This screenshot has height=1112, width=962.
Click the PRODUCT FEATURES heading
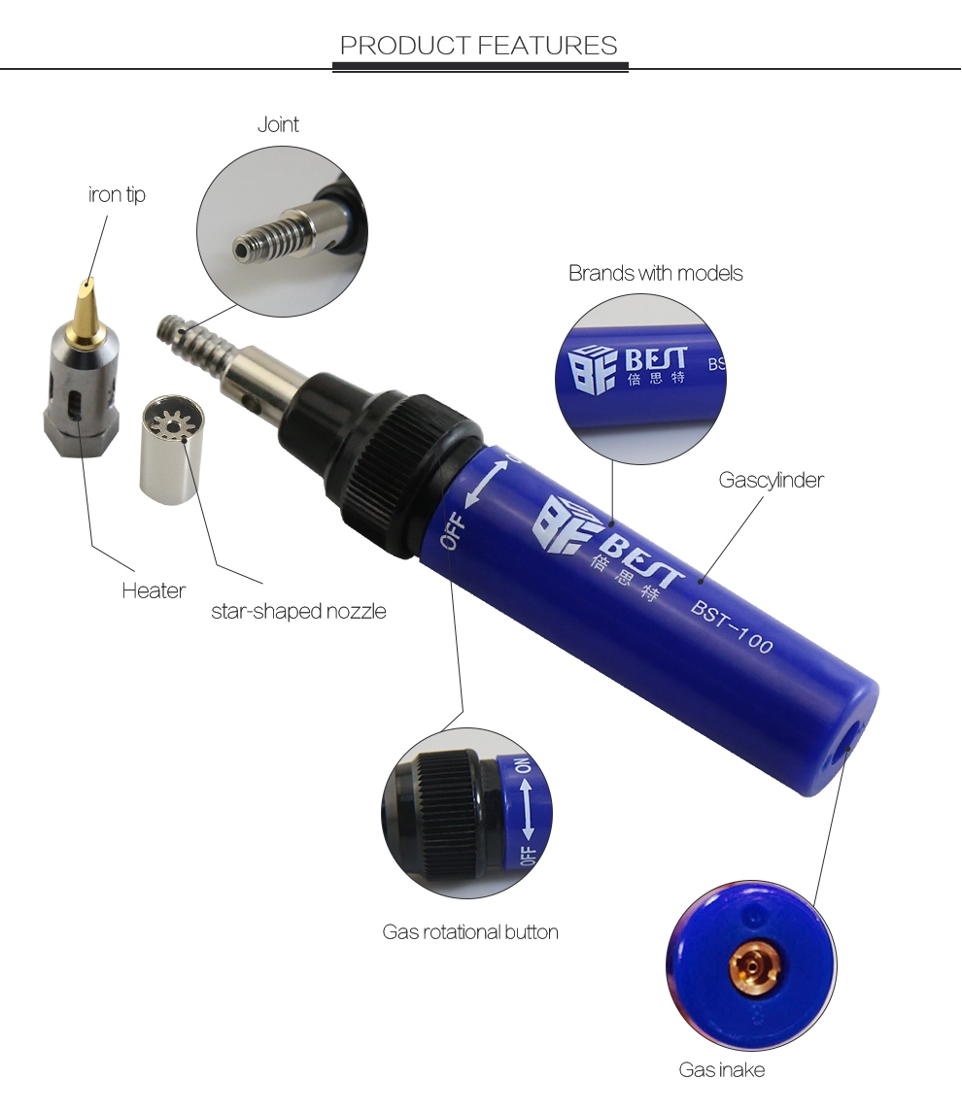479,46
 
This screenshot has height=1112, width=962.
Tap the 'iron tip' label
117,194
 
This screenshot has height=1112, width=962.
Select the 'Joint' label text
278,124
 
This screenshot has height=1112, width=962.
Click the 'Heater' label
154,590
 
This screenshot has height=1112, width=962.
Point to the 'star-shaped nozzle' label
298,611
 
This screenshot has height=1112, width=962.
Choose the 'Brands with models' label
656,273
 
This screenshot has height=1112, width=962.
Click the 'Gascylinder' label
772,480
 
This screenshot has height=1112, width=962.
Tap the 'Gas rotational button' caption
470,932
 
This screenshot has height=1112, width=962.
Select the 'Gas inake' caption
721,1069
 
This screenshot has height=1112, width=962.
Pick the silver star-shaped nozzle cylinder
170,450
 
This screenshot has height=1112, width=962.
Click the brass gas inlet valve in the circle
755,966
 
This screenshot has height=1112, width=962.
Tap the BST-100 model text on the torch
732,625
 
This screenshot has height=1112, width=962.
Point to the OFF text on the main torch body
454,532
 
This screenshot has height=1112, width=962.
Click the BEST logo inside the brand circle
627,366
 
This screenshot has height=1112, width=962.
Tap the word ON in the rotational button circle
523,766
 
